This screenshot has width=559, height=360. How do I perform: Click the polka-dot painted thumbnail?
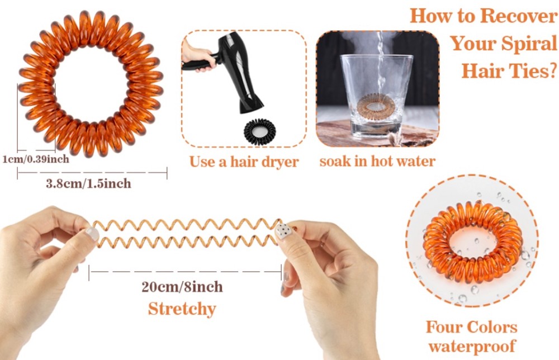click(x=284, y=231)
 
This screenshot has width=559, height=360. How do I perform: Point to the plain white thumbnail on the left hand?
click(x=92, y=234)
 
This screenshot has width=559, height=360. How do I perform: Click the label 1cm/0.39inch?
click(x=36, y=159)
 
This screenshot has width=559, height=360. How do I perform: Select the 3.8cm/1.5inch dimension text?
click(x=88, y=183)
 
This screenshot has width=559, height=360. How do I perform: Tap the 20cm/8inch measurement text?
click(x=182, y=287)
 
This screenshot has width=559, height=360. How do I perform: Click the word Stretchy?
click(x=182, y=309)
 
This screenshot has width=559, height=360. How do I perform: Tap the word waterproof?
click(x=472, y=345)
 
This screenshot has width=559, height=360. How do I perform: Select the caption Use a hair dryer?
click(x=244, y=162)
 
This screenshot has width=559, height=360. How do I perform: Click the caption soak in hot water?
click(x=377, y=161)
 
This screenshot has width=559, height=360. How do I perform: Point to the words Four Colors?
click(x=472, y=327)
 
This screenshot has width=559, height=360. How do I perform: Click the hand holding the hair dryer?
click(x=198, y=55)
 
